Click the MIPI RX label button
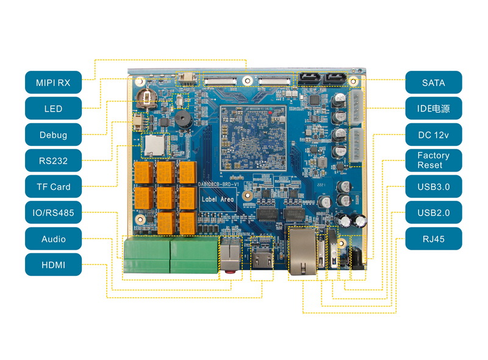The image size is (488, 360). pos(53,82)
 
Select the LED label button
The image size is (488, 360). pos(53,109)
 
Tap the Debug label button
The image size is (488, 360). pos(53,135)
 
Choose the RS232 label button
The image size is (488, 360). pos(53,161)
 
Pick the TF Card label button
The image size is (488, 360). pos(53,187)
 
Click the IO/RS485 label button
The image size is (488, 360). pos(53,213)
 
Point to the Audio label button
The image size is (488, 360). pos(53,239)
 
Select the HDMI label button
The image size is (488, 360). pos(53,265)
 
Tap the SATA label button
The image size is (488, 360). pos(433,82)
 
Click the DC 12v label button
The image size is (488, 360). pos(433,134)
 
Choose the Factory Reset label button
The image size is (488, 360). pos(433,160)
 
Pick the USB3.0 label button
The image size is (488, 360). pos(433,187)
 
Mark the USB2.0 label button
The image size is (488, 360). pos(433,213)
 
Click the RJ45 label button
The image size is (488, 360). pos(433,239)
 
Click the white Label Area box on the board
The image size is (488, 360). pos(218,200)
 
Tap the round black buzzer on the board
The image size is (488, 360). pos(183,119)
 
